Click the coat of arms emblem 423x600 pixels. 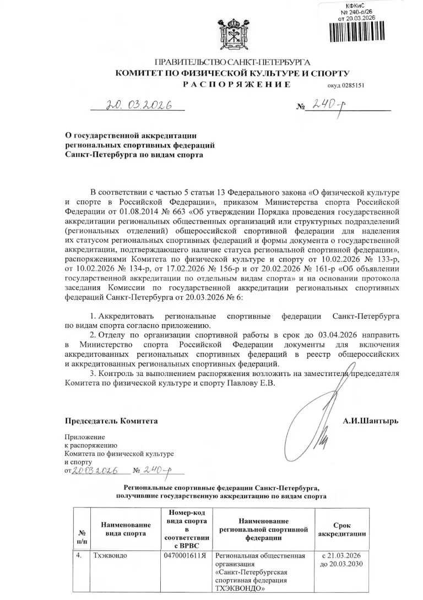coord(224,34)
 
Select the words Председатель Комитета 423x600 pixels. coord(112,421)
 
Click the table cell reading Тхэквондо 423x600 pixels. coord(110,555)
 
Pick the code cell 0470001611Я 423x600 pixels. coord(185,555)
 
